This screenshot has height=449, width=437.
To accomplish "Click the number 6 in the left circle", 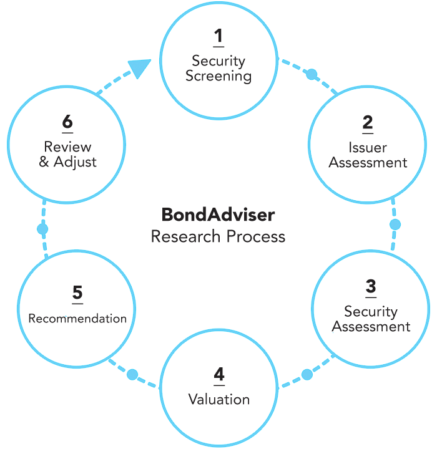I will [x=66, y=122].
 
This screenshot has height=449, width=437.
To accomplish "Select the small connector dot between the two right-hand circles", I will [x=395, y=224].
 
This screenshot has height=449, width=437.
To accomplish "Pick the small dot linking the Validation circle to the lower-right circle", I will [x=307, y=374].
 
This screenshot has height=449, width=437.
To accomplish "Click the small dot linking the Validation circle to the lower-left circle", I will [x=132, y=374].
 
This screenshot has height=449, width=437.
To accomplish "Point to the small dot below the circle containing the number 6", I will [x=42, y=229].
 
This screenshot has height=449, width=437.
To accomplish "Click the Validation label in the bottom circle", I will [x=220, y=400].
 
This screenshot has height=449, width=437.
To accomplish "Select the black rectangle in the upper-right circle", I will [x=365, y=140].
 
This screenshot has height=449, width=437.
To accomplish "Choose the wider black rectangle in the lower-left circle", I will [x=95, y=302].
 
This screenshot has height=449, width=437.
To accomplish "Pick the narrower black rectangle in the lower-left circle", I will [x=45, y=302].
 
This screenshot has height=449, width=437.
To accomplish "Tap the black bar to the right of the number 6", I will [x=80, y=142].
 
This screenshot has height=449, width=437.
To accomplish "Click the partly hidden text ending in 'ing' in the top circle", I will [x=219, y=77].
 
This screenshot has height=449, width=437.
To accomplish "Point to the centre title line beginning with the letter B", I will [x=219, y=215].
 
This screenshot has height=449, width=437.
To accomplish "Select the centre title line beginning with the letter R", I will [x=219, y=237].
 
